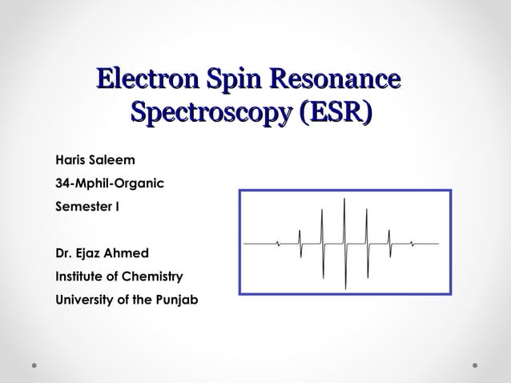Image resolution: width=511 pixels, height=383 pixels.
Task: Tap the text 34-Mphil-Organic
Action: point(109,184)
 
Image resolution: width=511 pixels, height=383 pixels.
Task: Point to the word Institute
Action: point(80,276)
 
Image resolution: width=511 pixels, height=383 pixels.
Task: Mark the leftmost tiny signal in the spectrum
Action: point(277,242)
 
